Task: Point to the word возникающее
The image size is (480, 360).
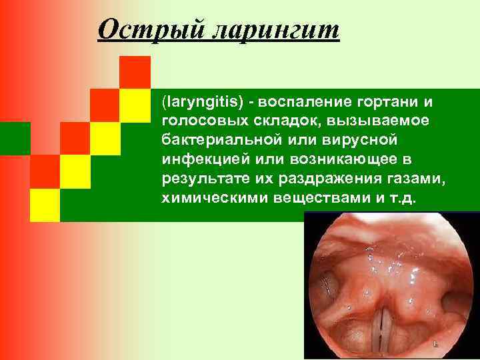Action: [344, 161]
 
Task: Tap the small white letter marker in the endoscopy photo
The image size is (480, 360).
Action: [435, 345]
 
